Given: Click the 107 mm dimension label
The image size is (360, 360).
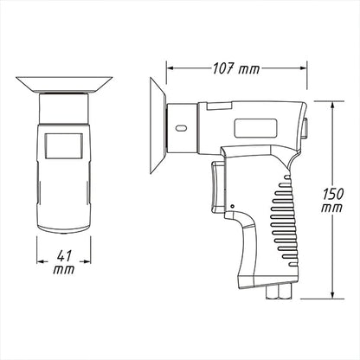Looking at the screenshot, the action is [x=236, y=69].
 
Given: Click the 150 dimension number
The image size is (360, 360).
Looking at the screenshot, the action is [x=332, y=194].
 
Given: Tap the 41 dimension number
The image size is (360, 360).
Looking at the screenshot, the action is [x=64, y=256].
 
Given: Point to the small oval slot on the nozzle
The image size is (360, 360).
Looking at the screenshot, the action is [x=181, y=128].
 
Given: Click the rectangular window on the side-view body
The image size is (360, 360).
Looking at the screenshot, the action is [x=256, y=128].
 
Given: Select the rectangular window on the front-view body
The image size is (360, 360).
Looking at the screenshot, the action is [x=64, y=146].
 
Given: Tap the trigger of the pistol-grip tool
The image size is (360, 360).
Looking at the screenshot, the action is [x=217, y=187].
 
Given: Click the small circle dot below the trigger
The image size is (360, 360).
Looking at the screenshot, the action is [x=232, y=206].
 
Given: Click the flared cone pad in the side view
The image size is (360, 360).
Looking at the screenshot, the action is [x=157, y=126].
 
